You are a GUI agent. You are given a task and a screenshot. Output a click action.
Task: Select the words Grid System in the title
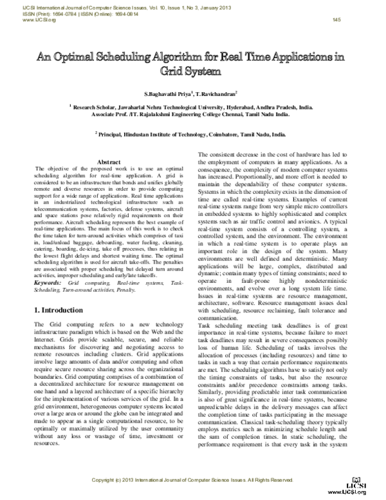[x=192, y=70]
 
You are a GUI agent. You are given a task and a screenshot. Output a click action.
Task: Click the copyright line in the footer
[x=193, y=480]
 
